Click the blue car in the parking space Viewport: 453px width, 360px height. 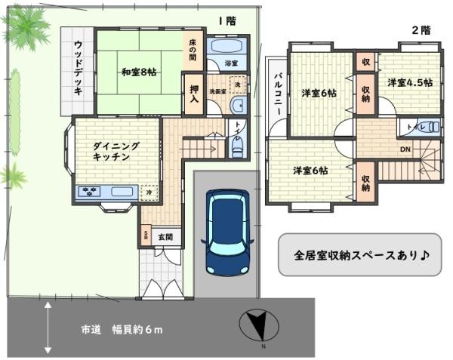tap(227, 232)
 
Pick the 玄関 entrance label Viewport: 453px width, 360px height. tap(166, 237)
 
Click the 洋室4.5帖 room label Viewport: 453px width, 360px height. tap(410, 82)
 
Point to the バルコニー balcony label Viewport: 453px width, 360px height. tap(278, 95)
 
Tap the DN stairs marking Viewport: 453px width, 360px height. tap(405, 149)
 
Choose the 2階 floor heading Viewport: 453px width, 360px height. tap(421, 31)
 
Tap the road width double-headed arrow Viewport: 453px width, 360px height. tap(47, 328)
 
